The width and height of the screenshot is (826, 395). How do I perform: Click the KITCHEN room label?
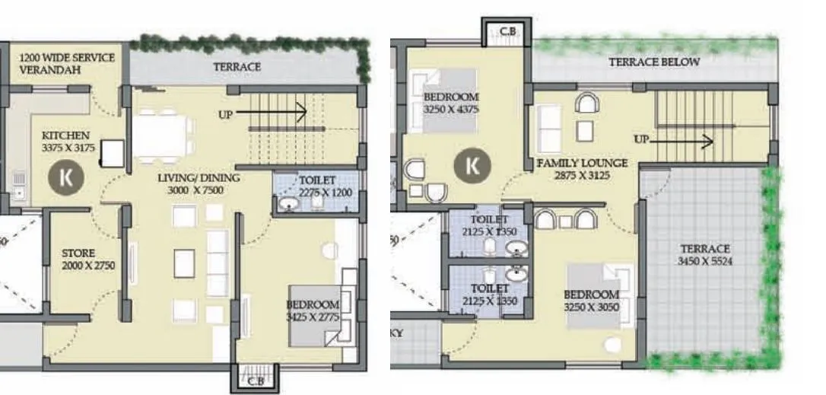pyautogui.click(x=66, y=135)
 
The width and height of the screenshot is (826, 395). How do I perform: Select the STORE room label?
pyautogui.click(x=78, y=253)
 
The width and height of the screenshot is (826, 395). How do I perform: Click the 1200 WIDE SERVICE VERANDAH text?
pyautogui.click(x=67, y=63)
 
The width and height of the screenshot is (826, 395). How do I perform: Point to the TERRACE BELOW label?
pyautogui.click(x=653, y=62)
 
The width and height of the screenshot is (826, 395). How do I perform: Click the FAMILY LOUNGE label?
pyautogui.click(x=582, y=163)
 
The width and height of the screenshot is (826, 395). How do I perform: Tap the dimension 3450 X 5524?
pyautogui.click(x=704, y=261)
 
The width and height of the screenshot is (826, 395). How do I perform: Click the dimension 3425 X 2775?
pyautogui.click(x=312, y=316)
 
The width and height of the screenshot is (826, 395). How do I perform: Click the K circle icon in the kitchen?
pyautogui.click(x=65, y=176)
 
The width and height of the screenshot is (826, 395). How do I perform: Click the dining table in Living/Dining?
pyautogui.click(x=161, y=135)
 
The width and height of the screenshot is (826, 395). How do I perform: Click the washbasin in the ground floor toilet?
pyautogui.click(x=289, y=205)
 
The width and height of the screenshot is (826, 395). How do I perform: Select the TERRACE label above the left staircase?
pyautogui.click(x=237, y=67)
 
